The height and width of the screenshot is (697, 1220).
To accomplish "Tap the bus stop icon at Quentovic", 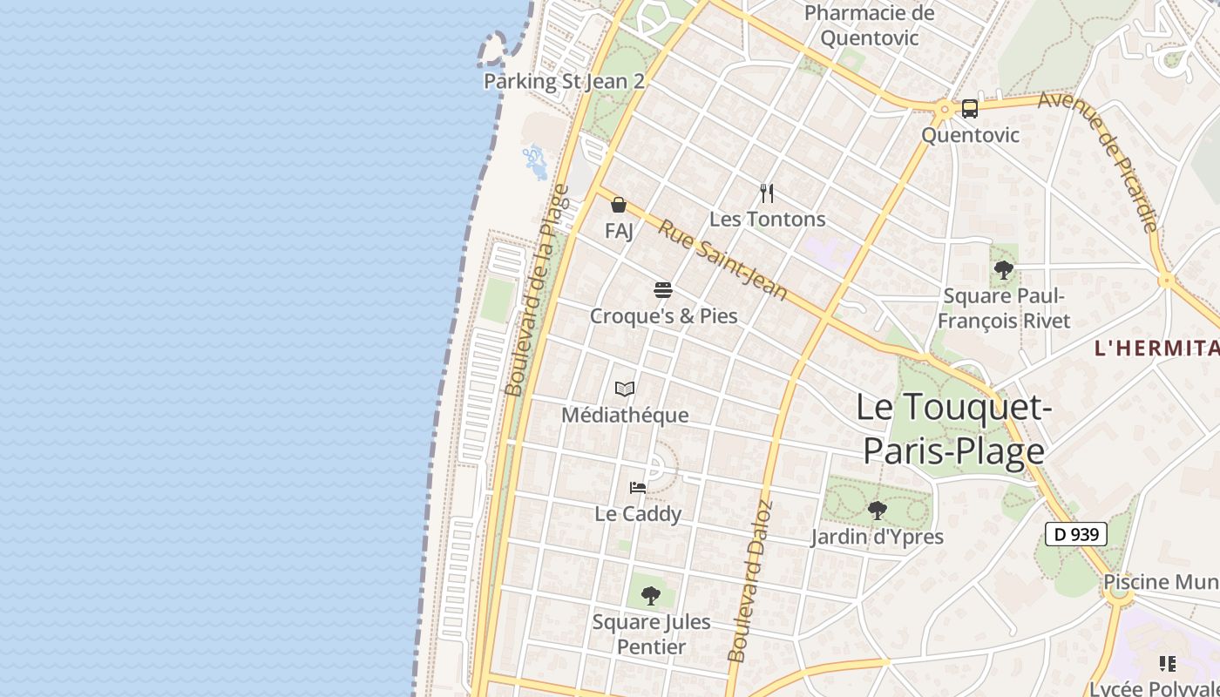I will point(970,109).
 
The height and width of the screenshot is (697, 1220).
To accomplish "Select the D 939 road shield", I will point(1076,534).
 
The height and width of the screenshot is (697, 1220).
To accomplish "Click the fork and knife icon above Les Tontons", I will point(767,193).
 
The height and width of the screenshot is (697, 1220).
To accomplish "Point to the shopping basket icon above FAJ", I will point(619,205).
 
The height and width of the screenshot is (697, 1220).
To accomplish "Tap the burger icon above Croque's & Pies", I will point(663,289).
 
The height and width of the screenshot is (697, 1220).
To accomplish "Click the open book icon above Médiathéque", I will point(625,389).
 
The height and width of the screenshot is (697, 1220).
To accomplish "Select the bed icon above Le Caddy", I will point(638,488).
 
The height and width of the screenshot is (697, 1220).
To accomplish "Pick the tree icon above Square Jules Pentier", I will point(651,596).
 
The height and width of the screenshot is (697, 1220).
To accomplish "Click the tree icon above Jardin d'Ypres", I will point(878,511).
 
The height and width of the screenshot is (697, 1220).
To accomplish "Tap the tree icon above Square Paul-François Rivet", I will point(1004,269).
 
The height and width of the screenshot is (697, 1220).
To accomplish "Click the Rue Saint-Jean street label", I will point(722,260).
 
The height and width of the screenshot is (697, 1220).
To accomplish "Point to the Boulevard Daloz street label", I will point(750,582).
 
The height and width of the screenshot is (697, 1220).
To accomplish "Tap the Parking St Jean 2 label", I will point(564,81).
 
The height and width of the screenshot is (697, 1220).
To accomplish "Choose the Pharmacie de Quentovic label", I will point(869,25).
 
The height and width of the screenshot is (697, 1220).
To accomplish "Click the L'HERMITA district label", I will point(1156,348).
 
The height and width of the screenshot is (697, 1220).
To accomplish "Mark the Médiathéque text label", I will point(625,415).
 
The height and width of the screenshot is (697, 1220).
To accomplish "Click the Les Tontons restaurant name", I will point(767,219).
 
